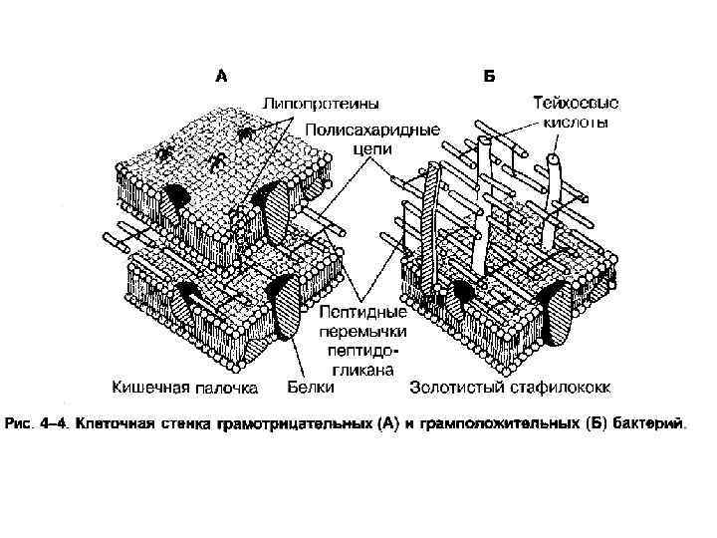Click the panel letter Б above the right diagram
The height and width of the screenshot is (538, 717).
pos(490,74)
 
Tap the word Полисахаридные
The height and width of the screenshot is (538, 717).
pos(372,130)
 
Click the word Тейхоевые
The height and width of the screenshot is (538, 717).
pos(576,103)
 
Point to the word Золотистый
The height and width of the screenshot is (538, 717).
pos(457,387)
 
